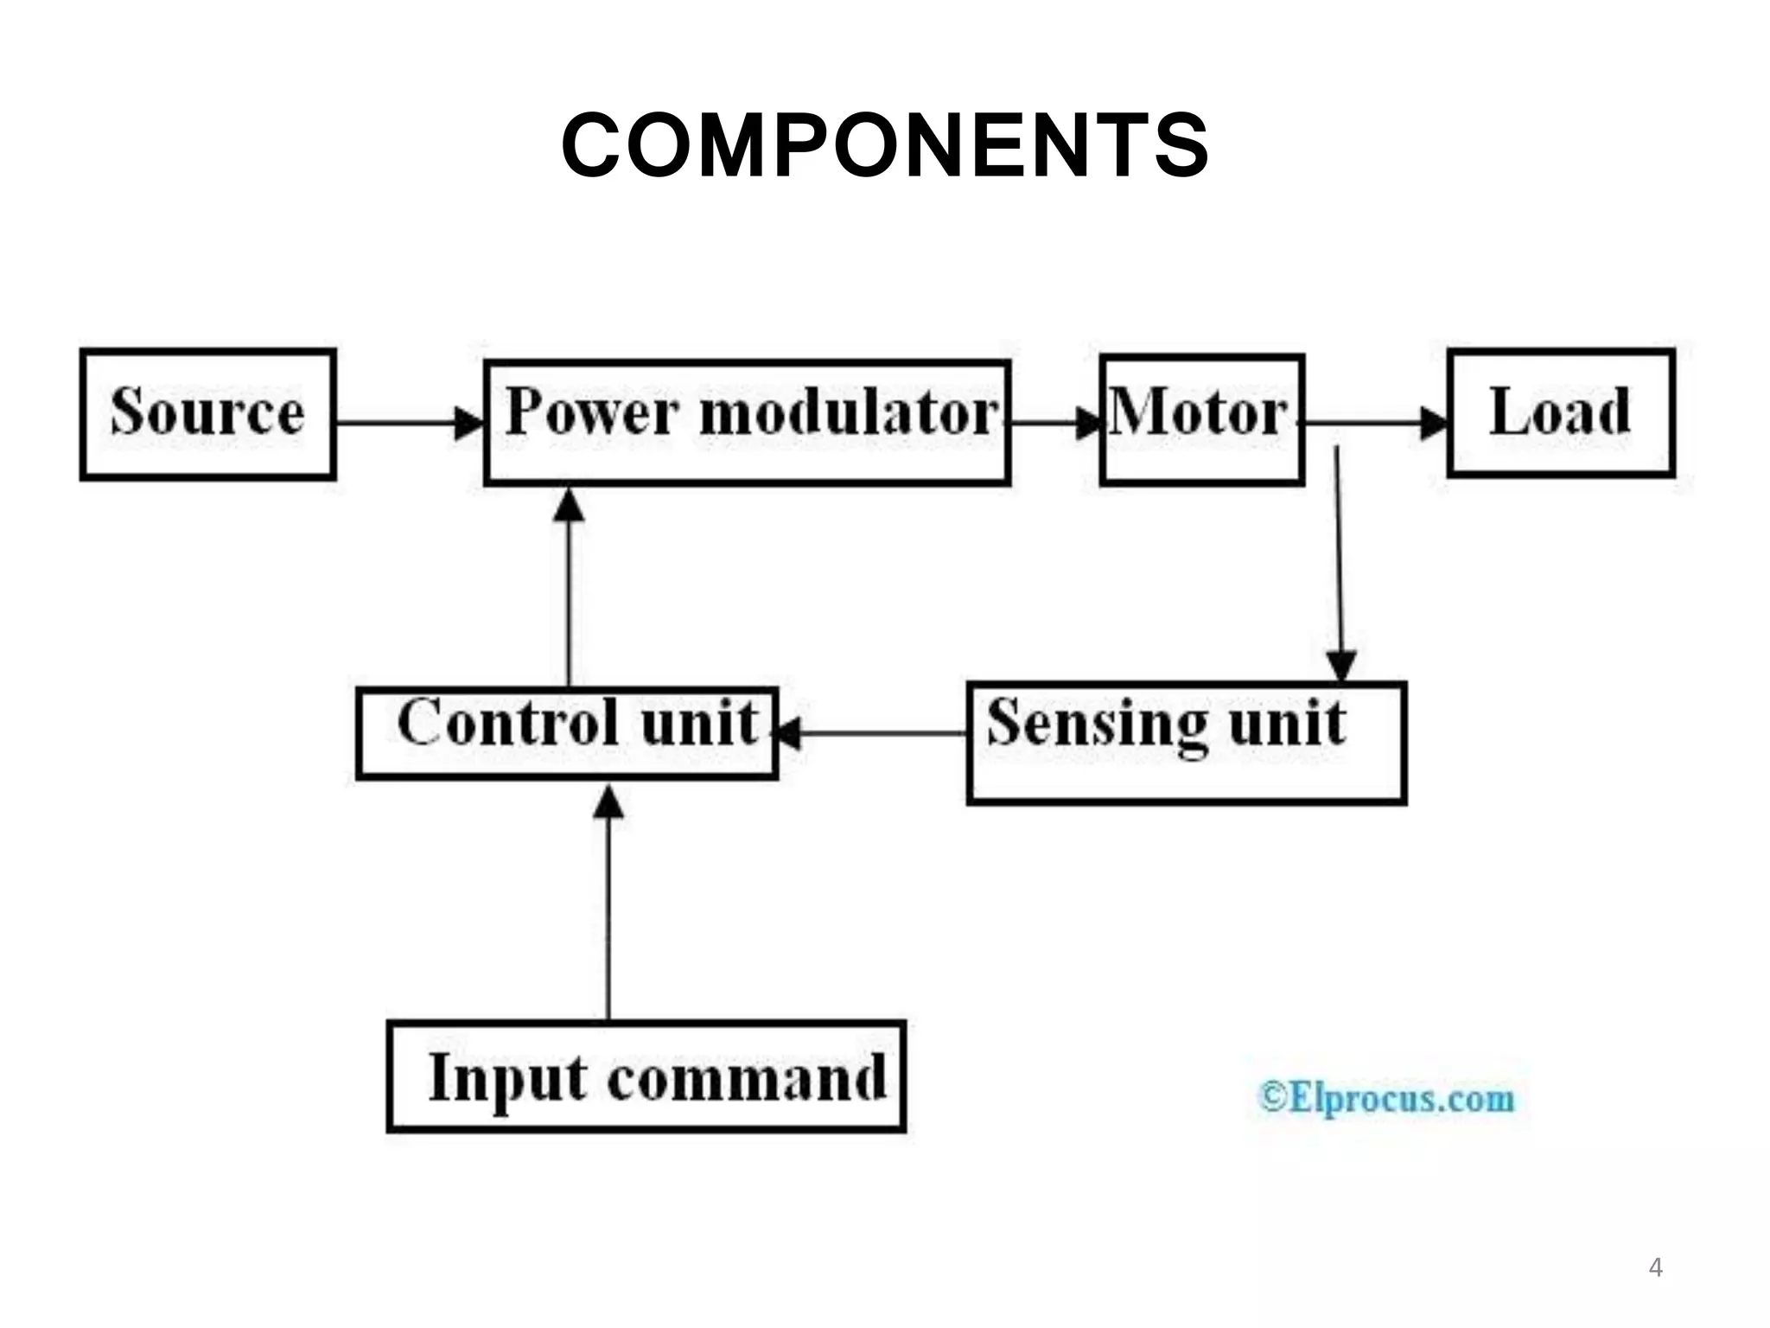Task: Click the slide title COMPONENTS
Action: pyautogui.click(x=884, y=145)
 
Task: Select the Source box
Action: pyautogui.click(x=207, y=414)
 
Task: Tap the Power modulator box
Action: pyautogui.click(x=748, y=423)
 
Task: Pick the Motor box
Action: pyautogui.click(x=1201, y=419)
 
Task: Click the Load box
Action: pyautogui.click(x=1561, y=413)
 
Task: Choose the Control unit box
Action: pyautogui.click(x=568, y=733)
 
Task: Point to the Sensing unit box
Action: pyautogui.click(x=1186, y=743)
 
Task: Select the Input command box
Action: pyautogui.click(x=646, y=1076)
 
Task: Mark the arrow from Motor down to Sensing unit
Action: pyautogui.click(x=1339, y=562)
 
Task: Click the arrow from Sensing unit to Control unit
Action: pyautogui.click(x=873, y=734)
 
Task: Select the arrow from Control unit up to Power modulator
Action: pyautogui.click(x=569, y=588)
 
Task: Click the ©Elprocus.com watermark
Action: pyautogui.click(x=1386, y=1098)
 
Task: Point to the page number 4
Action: pyautogui.click(x=1655, y=1267)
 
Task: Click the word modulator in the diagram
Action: pyautogui.click(x=849, y=412)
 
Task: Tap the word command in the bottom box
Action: pyautogui.click(x=747, y=1078)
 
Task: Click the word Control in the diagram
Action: pyautogui.click(x=506, y=722)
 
